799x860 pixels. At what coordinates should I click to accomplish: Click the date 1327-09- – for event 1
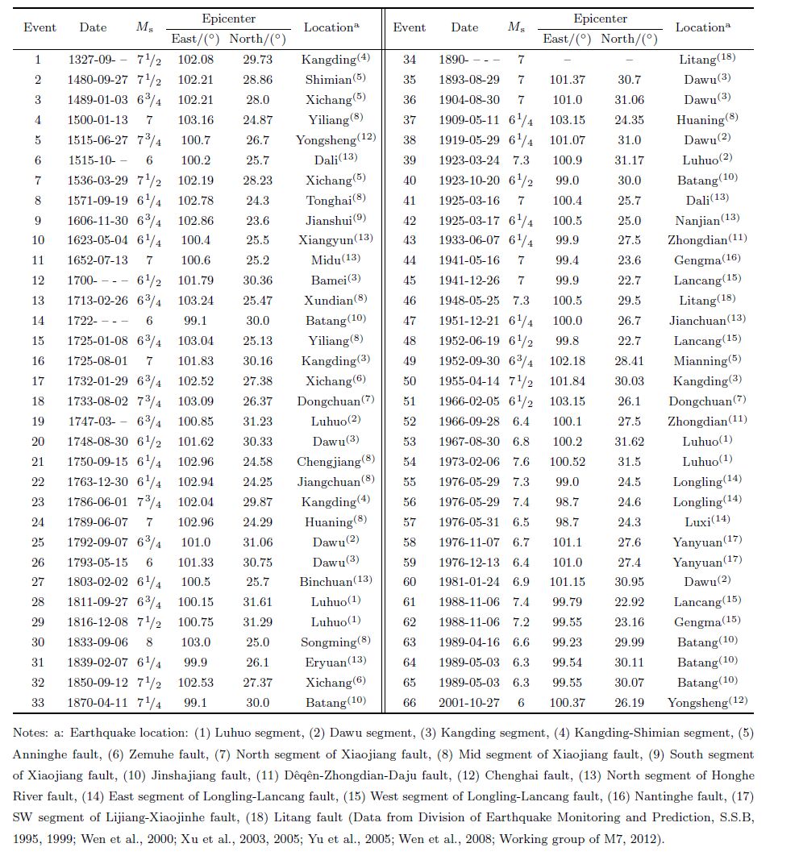93,60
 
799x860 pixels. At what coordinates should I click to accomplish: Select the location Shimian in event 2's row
328,81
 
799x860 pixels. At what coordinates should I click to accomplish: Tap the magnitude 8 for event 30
148,642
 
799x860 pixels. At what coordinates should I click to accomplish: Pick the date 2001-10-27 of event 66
468,703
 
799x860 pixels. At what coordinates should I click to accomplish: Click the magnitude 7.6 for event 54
517,462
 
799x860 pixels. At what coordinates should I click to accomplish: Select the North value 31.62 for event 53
629,442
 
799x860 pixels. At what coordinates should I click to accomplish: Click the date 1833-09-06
93,642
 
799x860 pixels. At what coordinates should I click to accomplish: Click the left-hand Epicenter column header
228,18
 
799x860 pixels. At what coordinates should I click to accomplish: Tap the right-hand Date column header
464,27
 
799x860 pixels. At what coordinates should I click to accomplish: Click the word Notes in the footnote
31,733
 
